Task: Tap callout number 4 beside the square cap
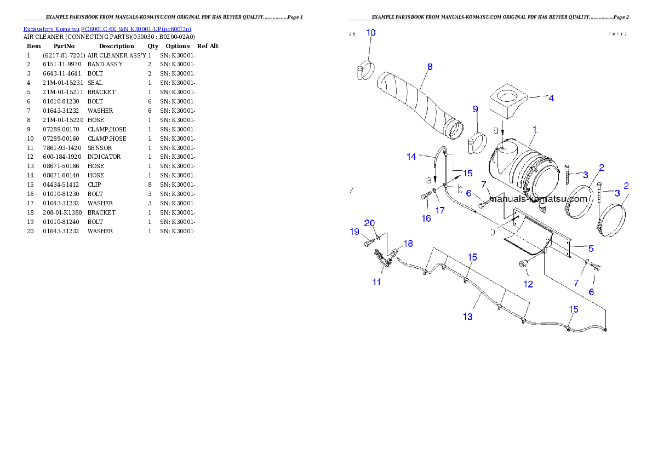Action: [x=551, y=99]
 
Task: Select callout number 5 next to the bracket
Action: [x=591, y=248]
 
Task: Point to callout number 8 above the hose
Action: [x=430, y=67]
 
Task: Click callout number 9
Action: [x=476, y=109]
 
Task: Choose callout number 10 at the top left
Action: [x=371, y=32]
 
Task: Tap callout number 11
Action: [x=376, y=282]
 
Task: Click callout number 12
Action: [x=528, y=284]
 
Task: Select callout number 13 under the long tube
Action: [x=468, y=316]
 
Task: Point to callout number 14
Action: [x=411, y=157]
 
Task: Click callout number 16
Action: [x=426, y=218]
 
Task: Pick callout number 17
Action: [x=440, y=210]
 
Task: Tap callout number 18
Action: [x=408, y=243]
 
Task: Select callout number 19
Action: [x=354, y=232]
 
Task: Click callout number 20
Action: [x=370, y=223]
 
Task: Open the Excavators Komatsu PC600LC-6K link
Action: [x=107, y=28]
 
